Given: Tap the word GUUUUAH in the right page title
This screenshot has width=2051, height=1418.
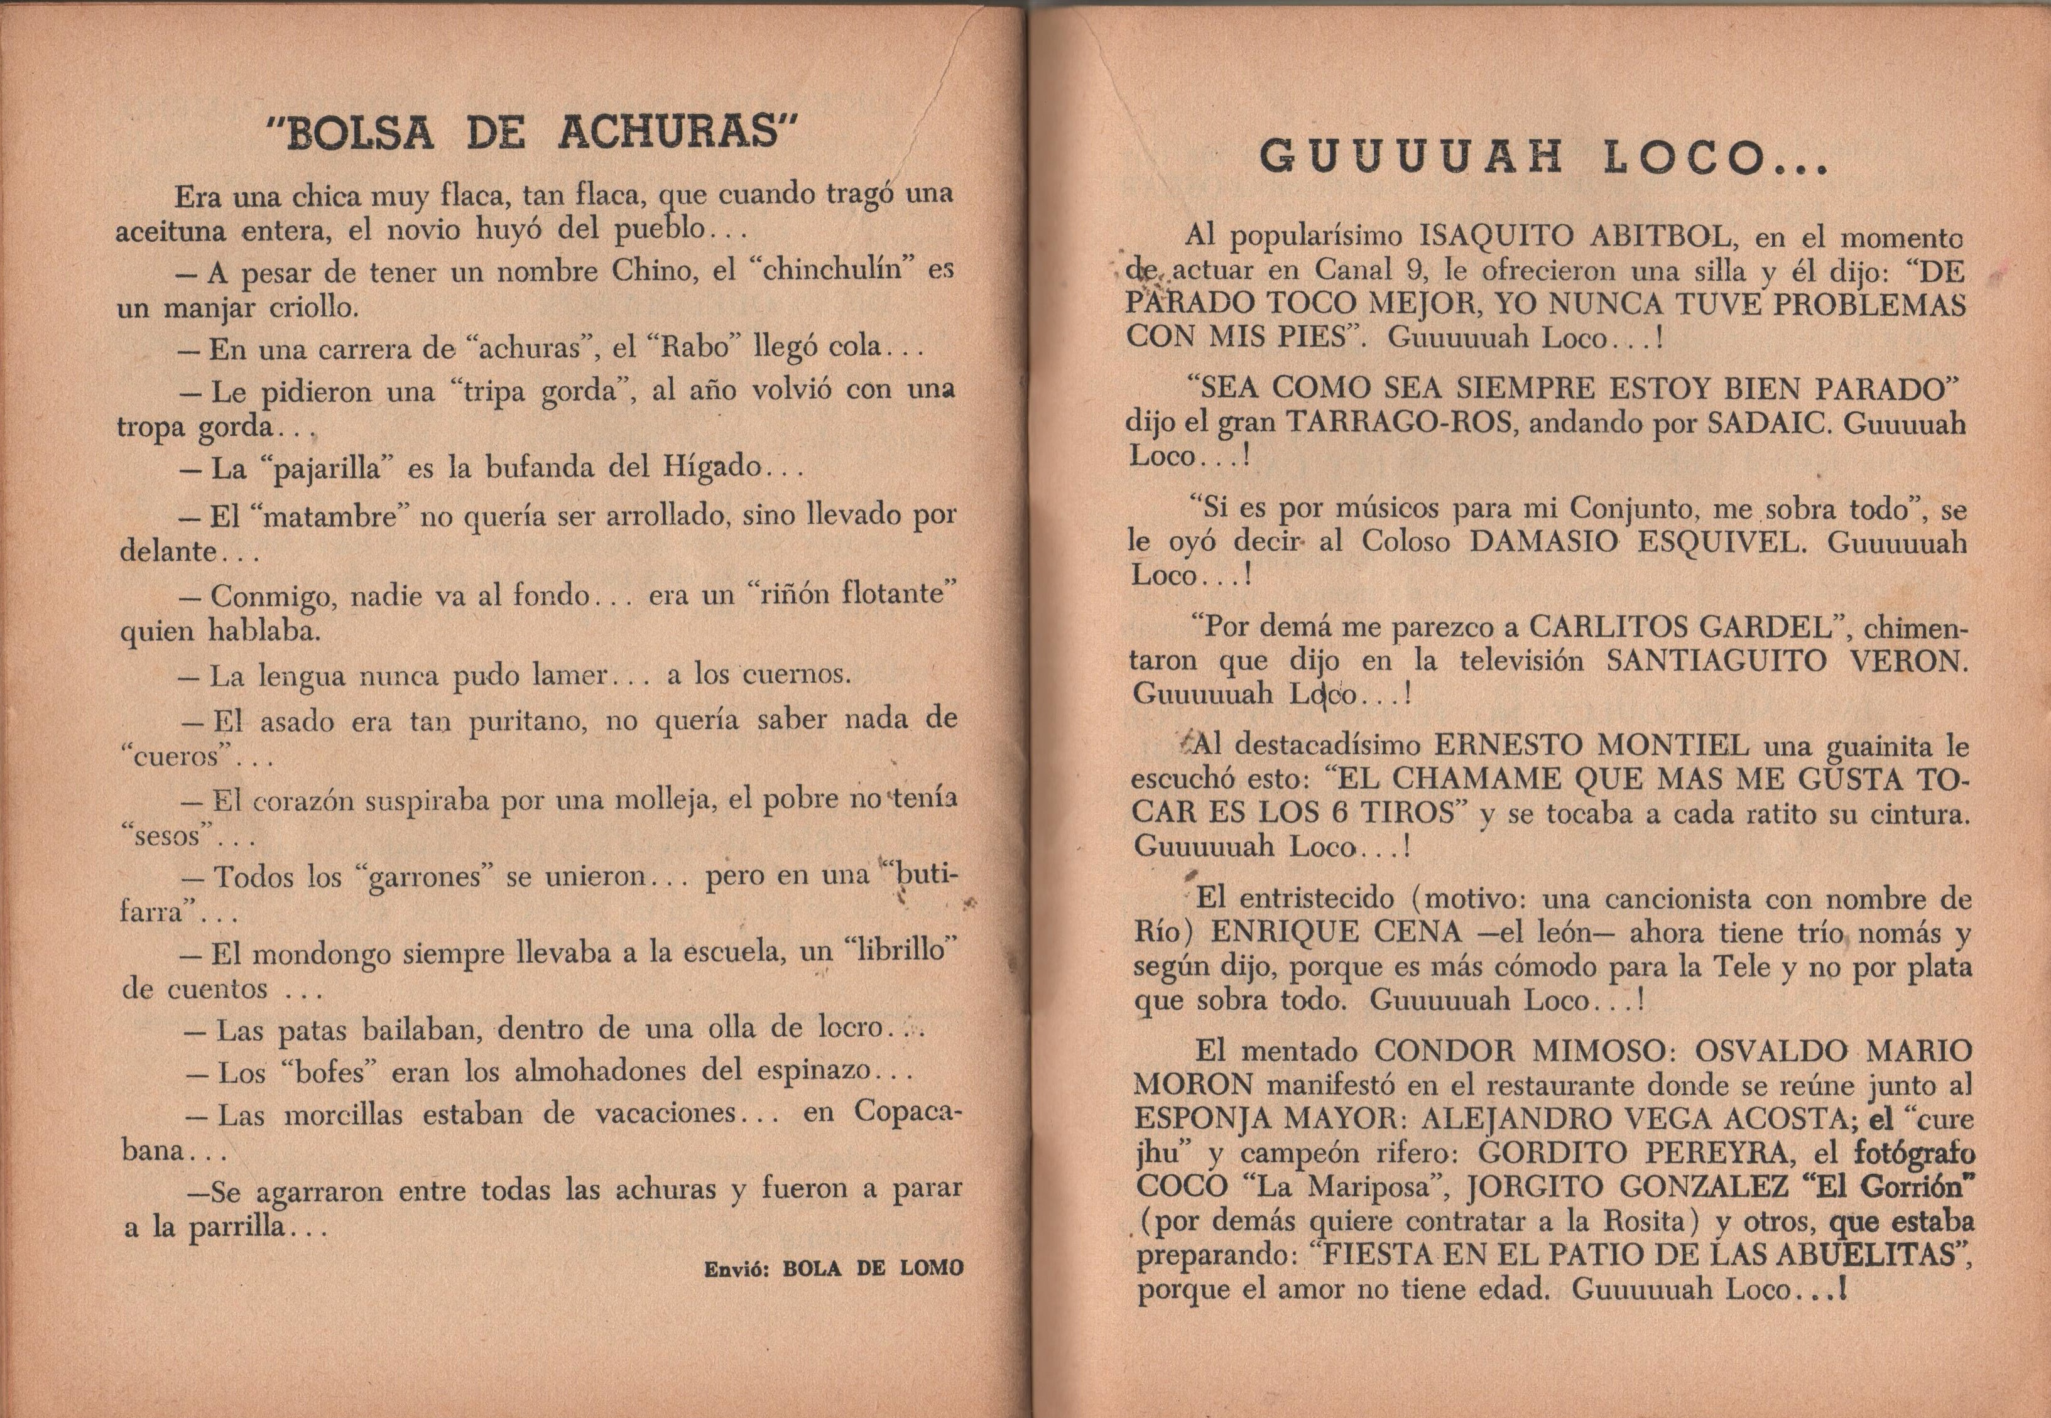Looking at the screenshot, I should pyautogui.click(x=1411, y=158).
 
